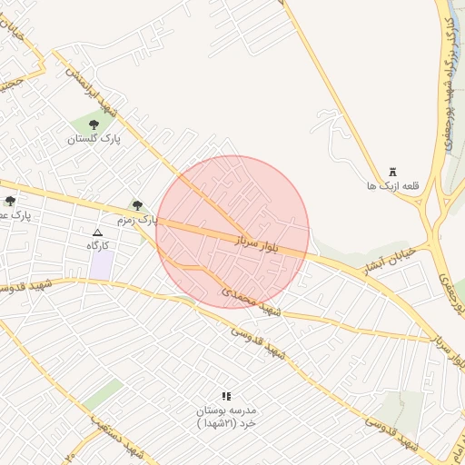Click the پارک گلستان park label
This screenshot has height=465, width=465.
pyautogui.click(x=94, y=139)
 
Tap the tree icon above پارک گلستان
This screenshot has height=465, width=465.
pyautogui.click(x=94, y=125)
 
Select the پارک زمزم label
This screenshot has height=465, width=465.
pyautogui.click(x=137, y=220)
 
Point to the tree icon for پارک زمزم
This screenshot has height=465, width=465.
pyautogui.click(x=137, y=205)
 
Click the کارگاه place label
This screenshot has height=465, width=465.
pyautogui.click(x=97, y=246)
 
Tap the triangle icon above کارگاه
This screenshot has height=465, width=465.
pyautogui.click(x=97, y=232)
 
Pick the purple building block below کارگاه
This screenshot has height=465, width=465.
pyautogui.click(x=102, y=264)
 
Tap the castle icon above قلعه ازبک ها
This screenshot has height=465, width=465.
pyautogui.click(x=392, y=172)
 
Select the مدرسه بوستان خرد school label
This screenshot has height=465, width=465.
pyautogui.click(x=226, y=418)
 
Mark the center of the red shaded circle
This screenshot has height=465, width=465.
pyautogui.click(x=232, y=232)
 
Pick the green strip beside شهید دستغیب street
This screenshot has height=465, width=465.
pyautogui.click(x=102, y=395)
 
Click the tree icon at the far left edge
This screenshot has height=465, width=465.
pyautogui.click(x=10, y=201)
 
